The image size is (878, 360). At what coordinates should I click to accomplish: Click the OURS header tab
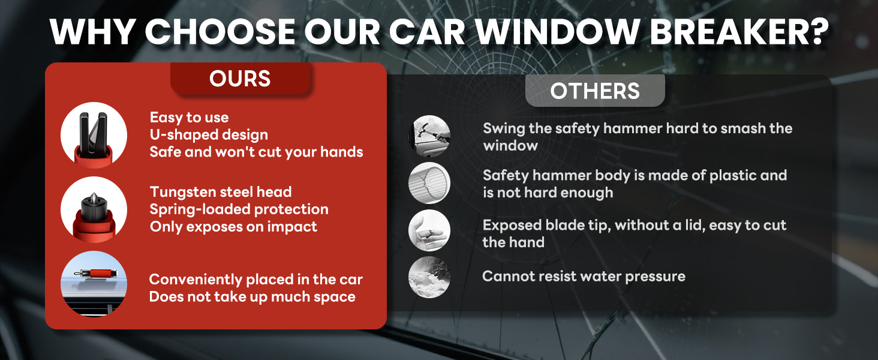[x=240, y=79]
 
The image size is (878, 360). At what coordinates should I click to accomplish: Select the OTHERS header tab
[x=595, y=91]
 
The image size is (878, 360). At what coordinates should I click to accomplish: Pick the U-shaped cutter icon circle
[x=94, y=136]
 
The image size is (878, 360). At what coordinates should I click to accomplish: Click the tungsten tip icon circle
[x=94, y=209]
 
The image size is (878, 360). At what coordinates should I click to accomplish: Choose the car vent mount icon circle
[x=94, y=284]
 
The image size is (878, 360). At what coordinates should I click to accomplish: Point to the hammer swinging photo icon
[x=429, y=136]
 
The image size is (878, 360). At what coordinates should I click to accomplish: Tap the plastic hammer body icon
[x=429, y=183]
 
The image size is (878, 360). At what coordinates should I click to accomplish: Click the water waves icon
[x=429, y=277]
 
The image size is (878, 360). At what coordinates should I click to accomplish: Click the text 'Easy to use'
[x=189, y=118]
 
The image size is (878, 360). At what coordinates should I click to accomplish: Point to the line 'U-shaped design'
[x=209, y=134]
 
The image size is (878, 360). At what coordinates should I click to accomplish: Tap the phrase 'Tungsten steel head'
[x=221, y=192]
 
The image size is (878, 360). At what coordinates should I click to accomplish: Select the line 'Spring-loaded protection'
[x=239, y=209]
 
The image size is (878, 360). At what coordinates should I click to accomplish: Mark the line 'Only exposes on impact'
[x=233, y=227]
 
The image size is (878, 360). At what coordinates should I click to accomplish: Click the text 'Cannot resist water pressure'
[x=584, y=277]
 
